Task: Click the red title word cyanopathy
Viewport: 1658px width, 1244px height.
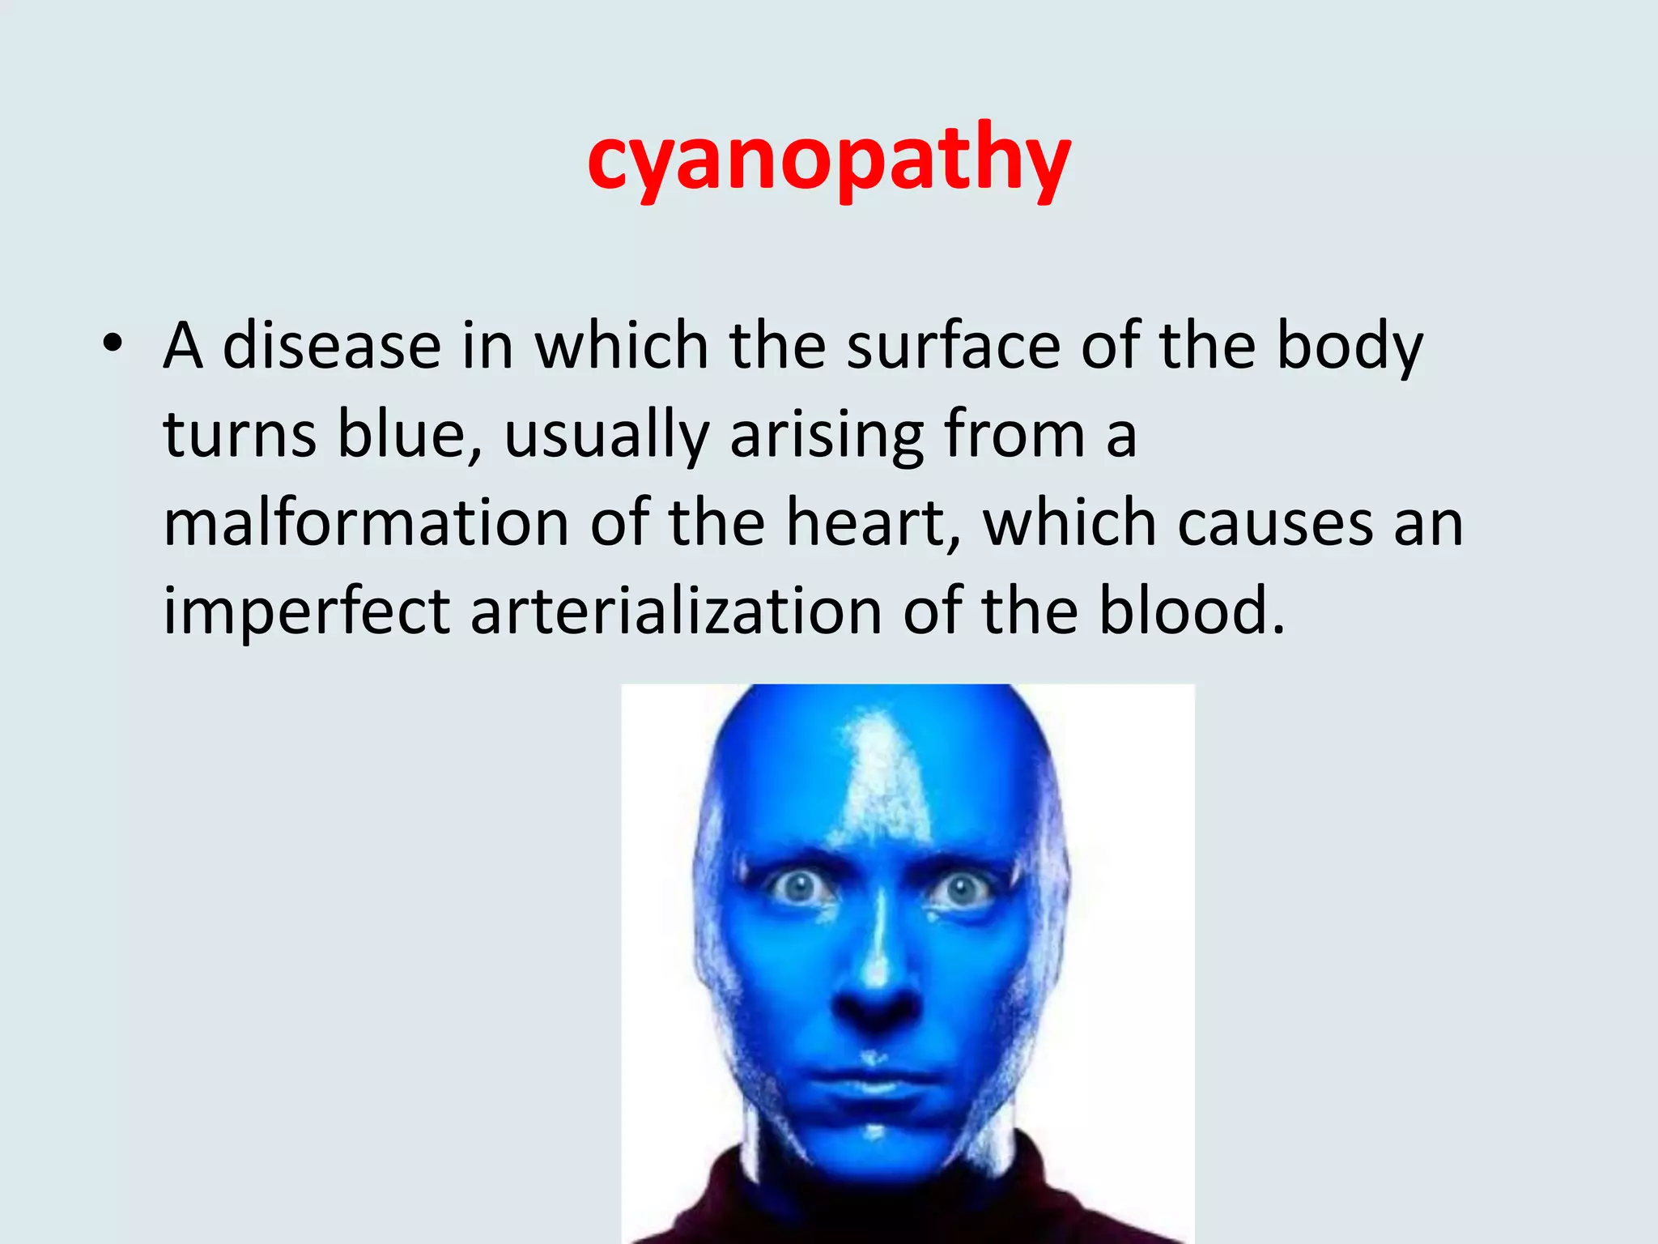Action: click(x=829, y=158)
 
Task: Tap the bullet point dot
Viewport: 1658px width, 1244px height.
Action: click(x=113, y=344)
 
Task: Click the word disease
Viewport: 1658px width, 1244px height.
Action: click(x=331, y=346)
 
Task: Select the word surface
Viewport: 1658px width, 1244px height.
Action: click(x=953, y=346)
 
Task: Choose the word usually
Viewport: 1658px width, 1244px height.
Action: click(x=606, y=435)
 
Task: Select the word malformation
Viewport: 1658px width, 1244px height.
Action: click(x=366, y=523)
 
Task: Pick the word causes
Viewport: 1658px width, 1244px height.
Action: click(x=1276, y=523)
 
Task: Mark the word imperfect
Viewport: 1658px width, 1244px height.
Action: click(x=306, y=611)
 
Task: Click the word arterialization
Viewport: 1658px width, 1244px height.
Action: click(x=676, y=611)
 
